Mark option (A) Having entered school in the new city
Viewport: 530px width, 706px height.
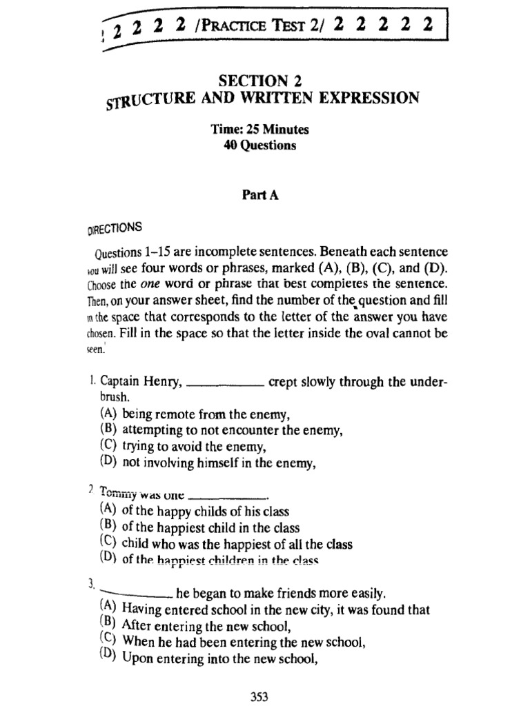[x=275, y=609]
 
